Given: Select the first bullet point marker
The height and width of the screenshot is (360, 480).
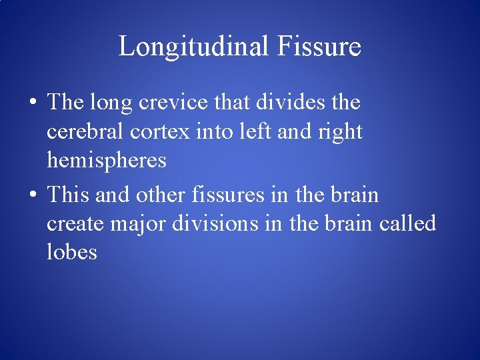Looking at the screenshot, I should [31, 104].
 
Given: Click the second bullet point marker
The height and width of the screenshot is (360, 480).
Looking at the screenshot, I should [31, 196].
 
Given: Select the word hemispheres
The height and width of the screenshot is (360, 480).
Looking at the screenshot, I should [107, 161].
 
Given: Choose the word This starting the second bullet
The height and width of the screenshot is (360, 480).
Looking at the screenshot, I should [69, 195].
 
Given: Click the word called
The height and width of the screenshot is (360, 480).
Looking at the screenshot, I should [407, 223].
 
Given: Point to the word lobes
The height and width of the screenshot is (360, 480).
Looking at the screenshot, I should [72, 252].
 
